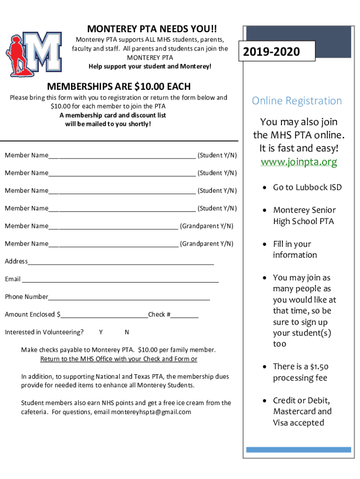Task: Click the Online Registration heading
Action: [x=297, y=101]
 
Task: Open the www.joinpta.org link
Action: [x=298, y=162]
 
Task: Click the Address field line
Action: [x=121, y=264]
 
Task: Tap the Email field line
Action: [x=120, y=282]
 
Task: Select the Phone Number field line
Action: [x=129, y=299]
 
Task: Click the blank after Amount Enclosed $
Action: [x=104, y=317]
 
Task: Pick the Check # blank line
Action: [x=184, y=317]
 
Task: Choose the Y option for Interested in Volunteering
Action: [x=101, y=332]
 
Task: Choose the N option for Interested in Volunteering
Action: [x=127, y=332]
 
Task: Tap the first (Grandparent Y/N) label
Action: [x=206, y=226]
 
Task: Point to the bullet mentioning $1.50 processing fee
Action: [x=300, y=372]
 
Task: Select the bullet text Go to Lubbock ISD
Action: [x=307, y=187]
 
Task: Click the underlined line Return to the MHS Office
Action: [x=119, y=359]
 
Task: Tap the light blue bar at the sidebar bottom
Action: [x=298, y=450]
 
